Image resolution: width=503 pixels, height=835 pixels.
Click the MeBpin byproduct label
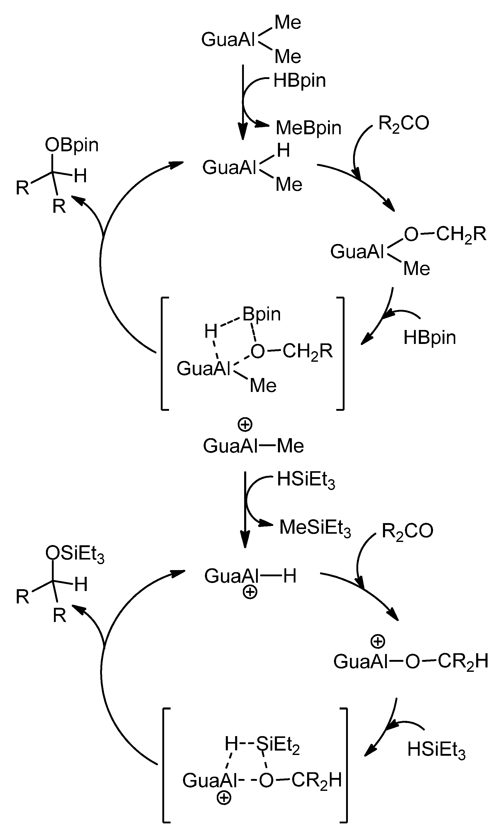(308, 128)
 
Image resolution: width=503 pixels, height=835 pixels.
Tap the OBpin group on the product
(71, 145)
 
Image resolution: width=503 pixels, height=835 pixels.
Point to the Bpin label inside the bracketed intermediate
(261, 314)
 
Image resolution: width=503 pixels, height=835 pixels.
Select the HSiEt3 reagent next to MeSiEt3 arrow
(306, 480)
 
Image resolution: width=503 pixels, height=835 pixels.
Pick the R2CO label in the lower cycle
(407, 531)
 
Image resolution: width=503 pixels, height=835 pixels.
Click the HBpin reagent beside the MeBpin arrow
(299, 80)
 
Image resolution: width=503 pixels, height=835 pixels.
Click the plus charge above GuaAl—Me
(245, 425)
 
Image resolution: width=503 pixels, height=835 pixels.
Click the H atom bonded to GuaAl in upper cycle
(283, 151)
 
